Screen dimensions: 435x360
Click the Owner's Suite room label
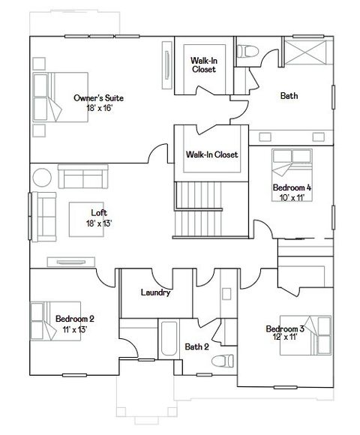[x=98, y=98]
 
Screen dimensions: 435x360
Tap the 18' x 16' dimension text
[x=98, y=108]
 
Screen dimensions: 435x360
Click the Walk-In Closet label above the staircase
[x=211, y=154]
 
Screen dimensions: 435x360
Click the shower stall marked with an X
[x=307, y=56]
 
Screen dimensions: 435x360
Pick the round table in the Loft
[x=41, y=177]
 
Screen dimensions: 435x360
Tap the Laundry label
[x=156, y=292]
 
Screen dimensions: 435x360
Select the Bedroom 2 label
[x=74, y=319]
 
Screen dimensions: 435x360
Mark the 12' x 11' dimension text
[x=284, y=338]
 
